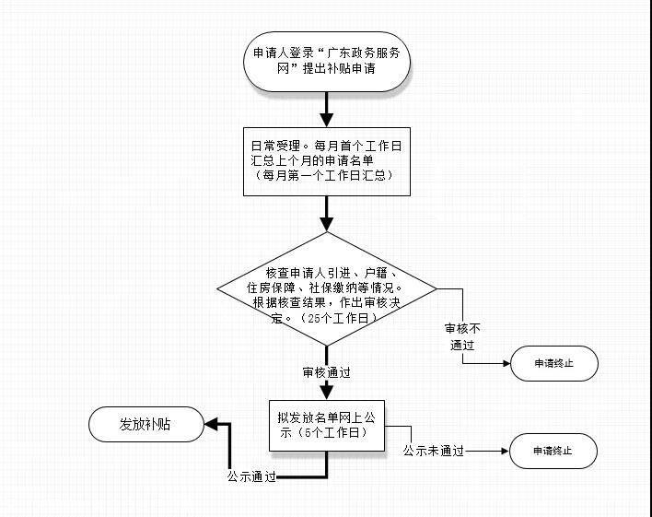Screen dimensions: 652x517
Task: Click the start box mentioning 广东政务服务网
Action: click(327, 62)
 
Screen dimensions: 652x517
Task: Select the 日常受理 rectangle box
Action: click(327, 161)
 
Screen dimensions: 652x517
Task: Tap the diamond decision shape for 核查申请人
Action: click(327, 288)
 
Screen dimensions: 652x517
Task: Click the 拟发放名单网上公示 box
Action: click(327, 426)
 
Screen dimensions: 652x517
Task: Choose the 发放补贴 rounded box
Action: click(146, 424)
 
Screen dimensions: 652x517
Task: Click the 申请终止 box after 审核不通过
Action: click(554, 363)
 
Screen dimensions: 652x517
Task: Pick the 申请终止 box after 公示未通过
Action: click(553, 451)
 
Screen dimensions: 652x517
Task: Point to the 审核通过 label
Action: click(326, 372)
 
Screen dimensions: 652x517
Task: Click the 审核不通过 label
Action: click(462, 336)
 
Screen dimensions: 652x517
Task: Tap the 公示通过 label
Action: click(251, 476)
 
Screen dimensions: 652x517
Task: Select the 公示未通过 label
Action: click(433, 451)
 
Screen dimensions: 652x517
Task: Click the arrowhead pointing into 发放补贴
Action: click(211, 425)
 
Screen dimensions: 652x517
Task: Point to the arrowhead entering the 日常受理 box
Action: click(327, 120)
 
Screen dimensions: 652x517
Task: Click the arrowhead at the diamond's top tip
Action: click(327, 224)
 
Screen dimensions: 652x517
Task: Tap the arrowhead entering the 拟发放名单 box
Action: click(327, 393)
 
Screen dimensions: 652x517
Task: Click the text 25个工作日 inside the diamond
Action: click(338, 319)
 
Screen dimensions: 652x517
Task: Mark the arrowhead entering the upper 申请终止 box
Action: click(506, 363)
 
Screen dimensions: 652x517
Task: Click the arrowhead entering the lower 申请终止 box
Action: click(506, 451)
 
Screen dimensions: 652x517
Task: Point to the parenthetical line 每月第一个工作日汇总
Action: click(323, 176)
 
